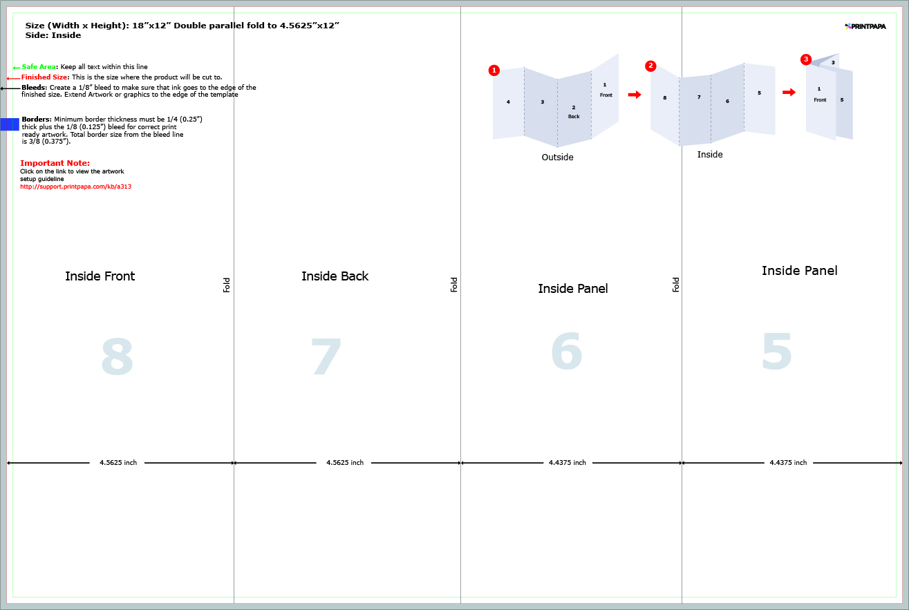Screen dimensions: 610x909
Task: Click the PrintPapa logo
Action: click(865, 26)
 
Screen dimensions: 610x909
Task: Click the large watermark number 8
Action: click(117, 357)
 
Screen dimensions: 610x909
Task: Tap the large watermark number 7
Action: click(326, 357)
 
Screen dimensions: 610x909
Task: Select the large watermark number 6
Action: click(567, 352)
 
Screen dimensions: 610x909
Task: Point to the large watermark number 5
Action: click(777, 352)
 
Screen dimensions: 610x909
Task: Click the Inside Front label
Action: click(100, 276)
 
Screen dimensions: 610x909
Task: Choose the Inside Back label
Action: click(335, 276)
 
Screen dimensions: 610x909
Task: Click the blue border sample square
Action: click(10, 124)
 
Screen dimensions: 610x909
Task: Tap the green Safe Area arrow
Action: click(17, 68)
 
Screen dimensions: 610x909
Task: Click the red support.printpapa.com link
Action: click(75, 187)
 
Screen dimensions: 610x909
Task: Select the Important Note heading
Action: click(55, 163)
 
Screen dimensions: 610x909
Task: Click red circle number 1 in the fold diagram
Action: click(494, 70)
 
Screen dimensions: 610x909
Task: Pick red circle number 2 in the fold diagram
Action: click(650, 66)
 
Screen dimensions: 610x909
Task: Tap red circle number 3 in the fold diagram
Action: click(806, 59)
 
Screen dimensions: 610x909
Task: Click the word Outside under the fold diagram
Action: click(557, 158)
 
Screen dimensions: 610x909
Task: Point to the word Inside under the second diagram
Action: click(710, 155)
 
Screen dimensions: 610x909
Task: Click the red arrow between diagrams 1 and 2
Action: click(635, 95)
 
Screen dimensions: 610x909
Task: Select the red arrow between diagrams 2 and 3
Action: click(789, 92)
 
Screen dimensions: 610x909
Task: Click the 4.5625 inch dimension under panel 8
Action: click(118, 463)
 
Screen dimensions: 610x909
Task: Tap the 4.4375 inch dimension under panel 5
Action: click(788, 463)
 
